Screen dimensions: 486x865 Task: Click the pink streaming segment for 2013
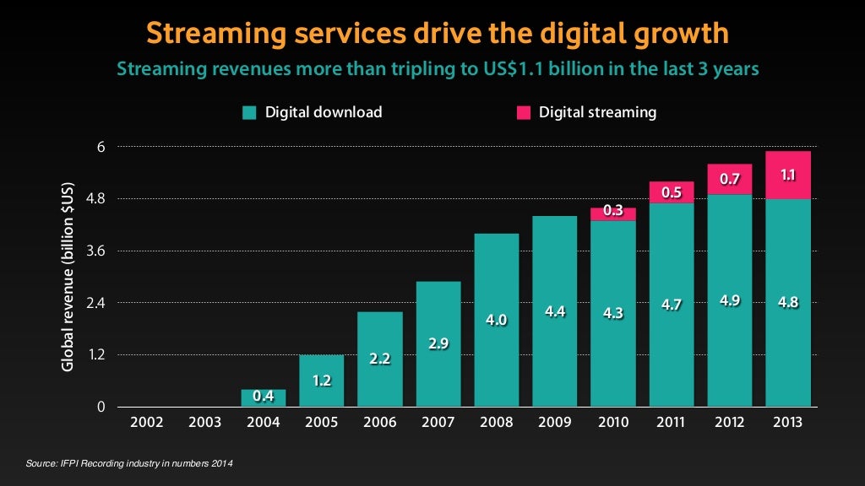pyautogui.click(x=788, y=175)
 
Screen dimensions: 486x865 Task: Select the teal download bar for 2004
pyautogui.click(x=263, y=397)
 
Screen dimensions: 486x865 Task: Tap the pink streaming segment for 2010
pyautogui.click(x=613, y=213)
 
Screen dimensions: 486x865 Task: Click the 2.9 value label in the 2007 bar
pyautogui.click(x=438, y=343)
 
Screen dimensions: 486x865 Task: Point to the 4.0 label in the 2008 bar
pyautogui.click(x=497, y=320)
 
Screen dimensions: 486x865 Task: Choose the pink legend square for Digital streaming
pyautogui.click(x=524, y=112)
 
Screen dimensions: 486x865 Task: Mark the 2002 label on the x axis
pyautogui.click(x=147, y=422)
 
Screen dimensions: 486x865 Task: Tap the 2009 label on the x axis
pyautogui.click(x=555, y=422)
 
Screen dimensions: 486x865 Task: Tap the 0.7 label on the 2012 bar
pyautogui.click(x=730, y=179)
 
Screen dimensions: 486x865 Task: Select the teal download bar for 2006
pyautogui.click(x=380, y=359)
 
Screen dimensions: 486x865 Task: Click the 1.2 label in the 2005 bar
pyautogui.click(x=321, y=380)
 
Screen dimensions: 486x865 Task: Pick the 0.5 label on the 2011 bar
pyautogui.click(x=672, y=192)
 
